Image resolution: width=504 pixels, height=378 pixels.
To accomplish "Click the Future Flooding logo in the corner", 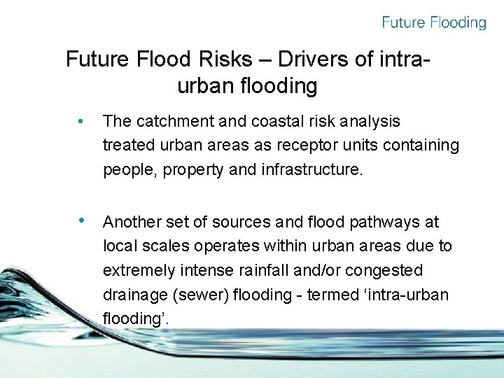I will (433, 22).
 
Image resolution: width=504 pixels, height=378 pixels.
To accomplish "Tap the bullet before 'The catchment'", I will (82, 122).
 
